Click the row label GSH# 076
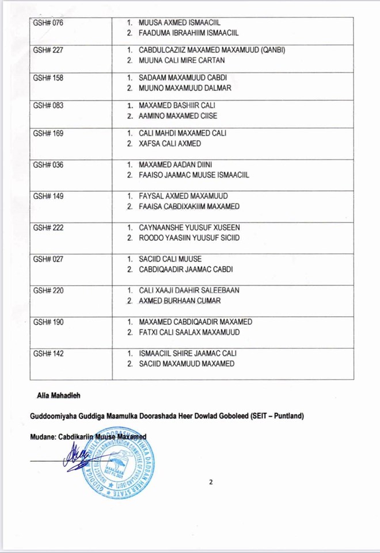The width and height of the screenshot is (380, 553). (x=48, y=24)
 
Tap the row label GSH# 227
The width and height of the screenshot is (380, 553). (x=48, y=50)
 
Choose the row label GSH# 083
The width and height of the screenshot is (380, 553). (x=48, y=106)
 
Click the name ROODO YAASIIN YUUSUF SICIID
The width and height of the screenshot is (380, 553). (x=189, y=238)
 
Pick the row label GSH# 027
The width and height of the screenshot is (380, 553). (x=48, y=259)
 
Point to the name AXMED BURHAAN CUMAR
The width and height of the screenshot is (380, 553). (x=180, y=301)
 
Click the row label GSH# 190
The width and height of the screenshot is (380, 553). (x=48, y=322)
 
